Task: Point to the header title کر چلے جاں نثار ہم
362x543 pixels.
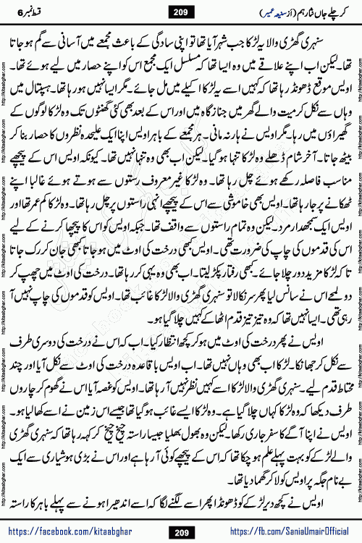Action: point(313,12)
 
